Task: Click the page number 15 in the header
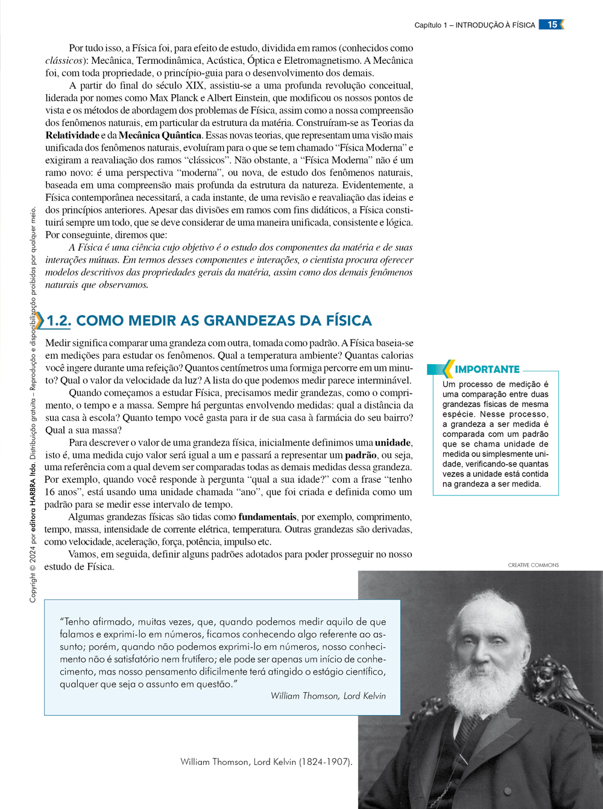tap(552, 25)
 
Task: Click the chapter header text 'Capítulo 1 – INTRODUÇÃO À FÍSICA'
tap(475, 25)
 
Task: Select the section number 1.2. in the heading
tap(58, 321)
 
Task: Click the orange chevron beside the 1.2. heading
tap(39, 321)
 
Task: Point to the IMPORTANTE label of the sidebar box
tap(487, 370)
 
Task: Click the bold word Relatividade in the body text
tap(72, 135)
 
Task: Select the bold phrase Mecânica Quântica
tap(160, 135)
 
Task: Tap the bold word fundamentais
tap(267, 517)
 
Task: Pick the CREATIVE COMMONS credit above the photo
tap(533, 565)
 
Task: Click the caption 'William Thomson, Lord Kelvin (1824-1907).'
tap(266, 762)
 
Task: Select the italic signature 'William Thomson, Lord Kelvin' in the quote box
tap(328, 696)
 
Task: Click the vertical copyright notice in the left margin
tap(33, 404)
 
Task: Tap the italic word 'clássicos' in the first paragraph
tap(63, 60)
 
